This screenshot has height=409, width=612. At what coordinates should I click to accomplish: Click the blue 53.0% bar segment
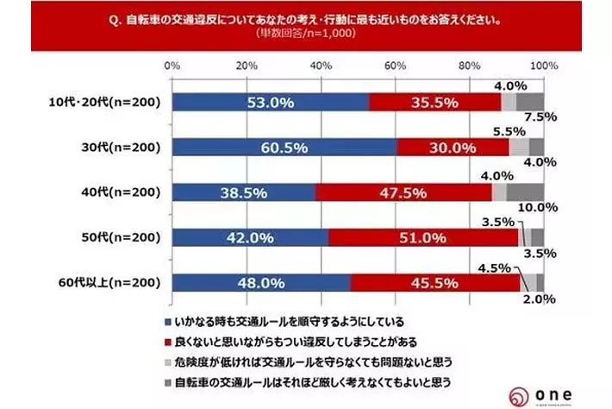(270, 102)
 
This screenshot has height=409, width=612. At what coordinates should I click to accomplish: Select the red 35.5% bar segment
(434, 102)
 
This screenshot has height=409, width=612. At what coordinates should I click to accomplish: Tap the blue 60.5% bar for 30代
(284, 147)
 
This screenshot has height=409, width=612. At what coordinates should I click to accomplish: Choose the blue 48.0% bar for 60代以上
(261, 282)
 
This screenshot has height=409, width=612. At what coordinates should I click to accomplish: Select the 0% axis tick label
(172, 66)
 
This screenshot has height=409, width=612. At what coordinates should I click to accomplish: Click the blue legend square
(165, 320)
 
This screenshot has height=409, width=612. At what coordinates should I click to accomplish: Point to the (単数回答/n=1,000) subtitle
(306, 35)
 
